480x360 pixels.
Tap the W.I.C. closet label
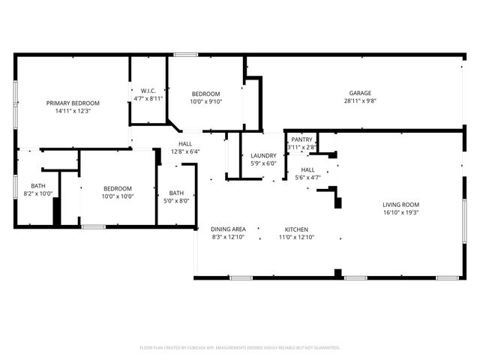[148, 90]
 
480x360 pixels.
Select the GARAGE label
[359, 93]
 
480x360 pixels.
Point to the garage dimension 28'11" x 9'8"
[359, 100]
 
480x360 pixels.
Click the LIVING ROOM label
[400, 205]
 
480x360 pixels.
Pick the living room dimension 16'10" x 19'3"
[400, 212]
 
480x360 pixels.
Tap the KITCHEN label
[296, 229]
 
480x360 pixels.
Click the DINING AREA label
[228, 229]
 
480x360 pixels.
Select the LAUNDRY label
[263, 156]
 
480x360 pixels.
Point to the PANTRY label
[301, 139]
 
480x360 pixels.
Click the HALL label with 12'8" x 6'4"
[185, 144]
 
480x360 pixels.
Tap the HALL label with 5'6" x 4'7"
[307, 170]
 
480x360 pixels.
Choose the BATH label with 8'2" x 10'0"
[37, 186]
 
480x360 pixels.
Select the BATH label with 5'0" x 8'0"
[176, 193]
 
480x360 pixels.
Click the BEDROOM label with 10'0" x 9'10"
[205, 94]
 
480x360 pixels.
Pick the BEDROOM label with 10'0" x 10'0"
[118, 189]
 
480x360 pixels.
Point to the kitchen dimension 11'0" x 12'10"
[296, 237]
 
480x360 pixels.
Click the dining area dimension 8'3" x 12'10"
[228, 237]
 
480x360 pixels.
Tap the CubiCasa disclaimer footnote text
[240, 347]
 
